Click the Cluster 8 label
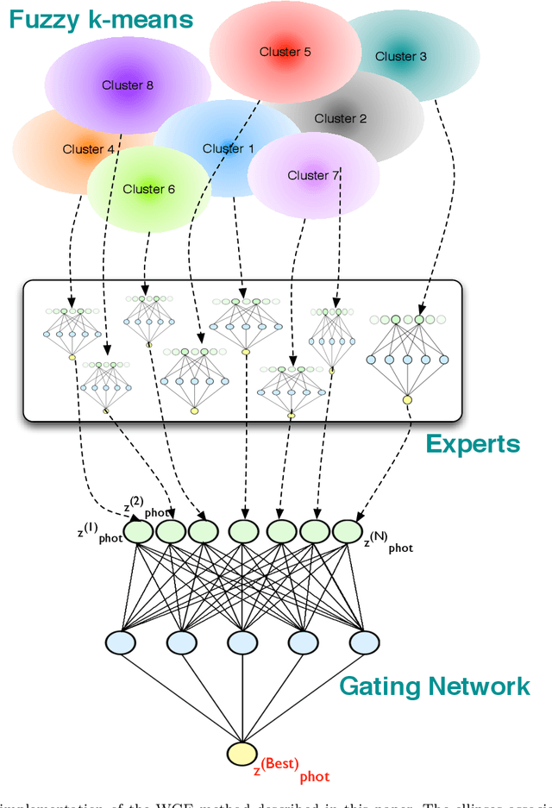tap(127, 85)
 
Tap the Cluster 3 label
tap(400, 56)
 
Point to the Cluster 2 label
tap(340, 118)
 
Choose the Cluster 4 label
tap(88, 149)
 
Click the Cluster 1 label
tap(228, 148)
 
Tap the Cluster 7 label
tap(313, 175)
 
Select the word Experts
tap(473, 444)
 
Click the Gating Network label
tap(434, 686)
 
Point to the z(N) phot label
tap(388, 545)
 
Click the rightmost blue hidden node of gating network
tap(362, 642)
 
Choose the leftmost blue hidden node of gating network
tap(122, 642)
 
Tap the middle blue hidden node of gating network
tap(242, 642)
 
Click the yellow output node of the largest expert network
tap(406, 398)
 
